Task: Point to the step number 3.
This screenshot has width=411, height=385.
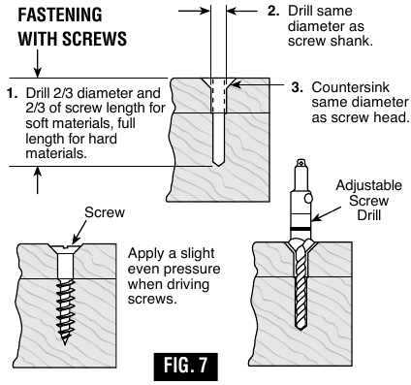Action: tap(298, 87)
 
